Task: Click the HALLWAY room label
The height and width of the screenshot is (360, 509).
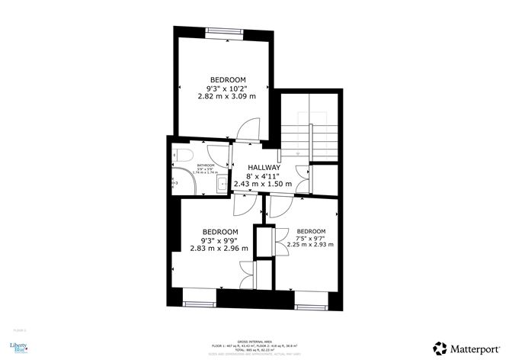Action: (x=264, y=167)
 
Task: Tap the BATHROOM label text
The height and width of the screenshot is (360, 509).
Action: (x=206, y=165)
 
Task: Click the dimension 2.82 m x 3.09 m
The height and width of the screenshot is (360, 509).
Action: (x=227, y=97)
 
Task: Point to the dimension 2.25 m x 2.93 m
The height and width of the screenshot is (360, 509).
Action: (x=310, y=245)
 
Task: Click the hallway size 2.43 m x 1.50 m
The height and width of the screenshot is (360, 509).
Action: (x=263, y=184)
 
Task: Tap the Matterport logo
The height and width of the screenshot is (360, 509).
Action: (x=464, y=347)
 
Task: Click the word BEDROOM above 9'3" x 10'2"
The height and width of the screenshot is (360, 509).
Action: (x=228, y=80)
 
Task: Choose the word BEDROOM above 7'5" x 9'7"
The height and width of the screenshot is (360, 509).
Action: (x=311, y=231)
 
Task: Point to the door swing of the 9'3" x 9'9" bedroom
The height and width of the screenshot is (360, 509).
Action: (x=242, y=202)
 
